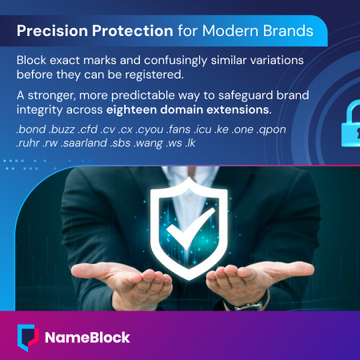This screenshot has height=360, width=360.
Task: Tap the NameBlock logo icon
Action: (x=27, y=336)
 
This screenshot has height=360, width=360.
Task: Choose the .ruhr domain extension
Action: (x=30, y=143)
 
